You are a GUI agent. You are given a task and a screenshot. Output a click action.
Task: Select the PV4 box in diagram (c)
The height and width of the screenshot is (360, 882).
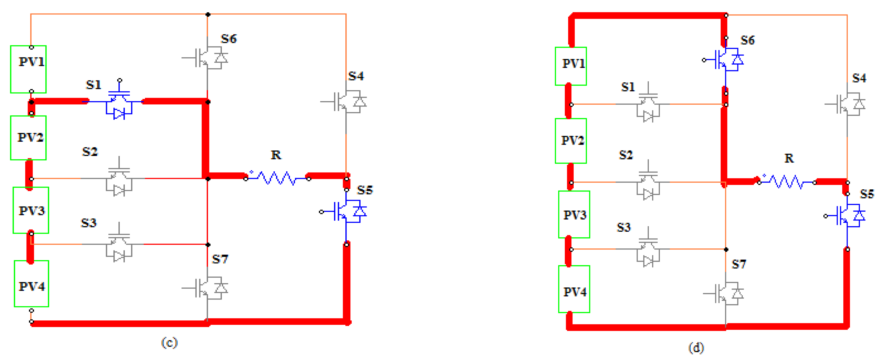click(x=31, y=284)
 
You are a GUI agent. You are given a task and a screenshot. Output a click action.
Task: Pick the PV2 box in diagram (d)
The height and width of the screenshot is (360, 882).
click(x=571, y=140)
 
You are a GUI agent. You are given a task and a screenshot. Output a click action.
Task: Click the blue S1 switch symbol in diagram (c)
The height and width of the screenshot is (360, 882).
click(x=119, y=103)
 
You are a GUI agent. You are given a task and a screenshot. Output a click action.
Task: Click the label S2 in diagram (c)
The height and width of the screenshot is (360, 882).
click(x=90, y=151)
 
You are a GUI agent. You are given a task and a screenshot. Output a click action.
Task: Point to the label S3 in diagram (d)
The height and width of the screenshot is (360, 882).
click(x=623, y=227)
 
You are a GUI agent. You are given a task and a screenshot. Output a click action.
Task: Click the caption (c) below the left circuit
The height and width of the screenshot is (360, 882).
click(x=169, y=342)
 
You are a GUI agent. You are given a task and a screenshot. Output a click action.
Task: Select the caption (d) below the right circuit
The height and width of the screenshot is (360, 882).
click(x=696, y=348)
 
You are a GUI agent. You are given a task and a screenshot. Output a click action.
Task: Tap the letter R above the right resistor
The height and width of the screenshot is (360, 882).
click(x=789, y=158)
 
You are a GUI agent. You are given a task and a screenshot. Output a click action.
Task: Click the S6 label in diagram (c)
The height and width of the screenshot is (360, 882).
click(x=229, y=39)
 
